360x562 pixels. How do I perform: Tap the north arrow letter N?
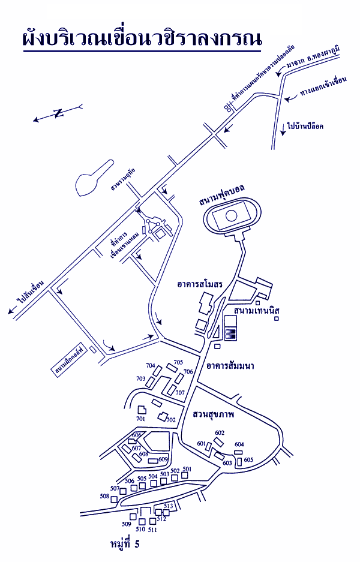click(x=58, y=113)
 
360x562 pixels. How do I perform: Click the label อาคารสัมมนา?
click(x=230, y=365)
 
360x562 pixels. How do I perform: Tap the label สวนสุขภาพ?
click(x=214, y=414)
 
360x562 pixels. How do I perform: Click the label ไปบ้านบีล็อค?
click(x=305, y=127)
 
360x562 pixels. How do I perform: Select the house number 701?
click(x=141, y=418)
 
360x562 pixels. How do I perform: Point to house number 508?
click(x=105, y=496)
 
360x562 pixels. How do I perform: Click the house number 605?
click(x=249, y=459)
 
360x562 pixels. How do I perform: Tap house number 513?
click(x=169, y=506)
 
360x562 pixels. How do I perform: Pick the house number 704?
click(x=150, y=365)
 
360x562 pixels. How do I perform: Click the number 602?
click(x=220, y=432)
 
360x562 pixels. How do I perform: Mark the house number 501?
click(x=187, y=468)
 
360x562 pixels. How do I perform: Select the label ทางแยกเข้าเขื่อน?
click(x=320, y=98)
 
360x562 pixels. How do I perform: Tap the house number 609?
click(x=163, y=459)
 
